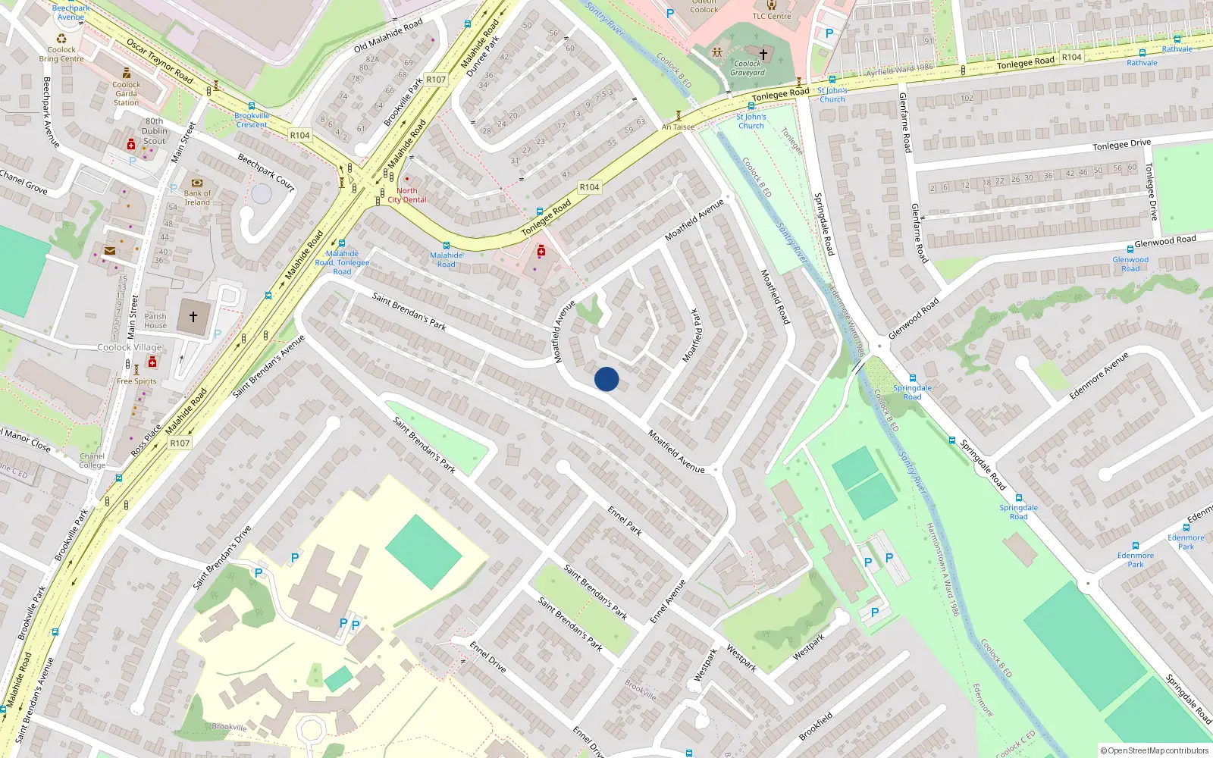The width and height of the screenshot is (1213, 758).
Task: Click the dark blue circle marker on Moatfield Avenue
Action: pyautogui.click(x=606, y=379)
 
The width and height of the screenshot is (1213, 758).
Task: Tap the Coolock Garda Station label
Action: pyautogui.click(x=126, y=93)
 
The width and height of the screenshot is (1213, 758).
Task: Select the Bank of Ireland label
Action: pyautogui.click(x=197, y=197)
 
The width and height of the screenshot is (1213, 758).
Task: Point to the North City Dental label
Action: pyautogui.click(x=407, y=196)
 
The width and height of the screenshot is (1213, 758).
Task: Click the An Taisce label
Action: pyautogui.click(x=678, y=127)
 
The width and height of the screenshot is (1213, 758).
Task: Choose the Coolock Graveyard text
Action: pyautogui.click(x=748, y=68)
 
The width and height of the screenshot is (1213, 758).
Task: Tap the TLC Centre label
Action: pyautogui.click(x=772, y=16)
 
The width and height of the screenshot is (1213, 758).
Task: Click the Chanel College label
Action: pyautogui.click(x=92, y=460)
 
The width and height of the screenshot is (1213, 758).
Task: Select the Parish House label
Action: pyautogui.click(x=155, y=321)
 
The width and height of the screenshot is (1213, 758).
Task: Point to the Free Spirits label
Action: pyautogui.click(x=136, y=381)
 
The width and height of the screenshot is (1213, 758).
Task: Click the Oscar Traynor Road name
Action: pyautogui.click(x=160, y=61)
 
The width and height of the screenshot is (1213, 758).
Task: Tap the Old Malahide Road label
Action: pyautogui.click(x=388, y=36)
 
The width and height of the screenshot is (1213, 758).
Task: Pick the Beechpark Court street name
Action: pyautogui.click(x=265, y=172)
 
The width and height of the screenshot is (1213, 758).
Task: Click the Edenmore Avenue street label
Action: pyautogui.click(x=1099, y=375)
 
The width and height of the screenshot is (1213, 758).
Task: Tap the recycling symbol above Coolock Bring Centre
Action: pyautogui.click(x=61, y=39)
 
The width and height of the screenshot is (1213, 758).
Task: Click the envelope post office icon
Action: pyautogui.click(x=110, y=251)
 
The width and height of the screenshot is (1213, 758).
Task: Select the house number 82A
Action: pyautogui.click(x=372, y=59)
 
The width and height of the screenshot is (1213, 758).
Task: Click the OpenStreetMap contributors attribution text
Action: pyautogui.click(x=1154, y=750)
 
